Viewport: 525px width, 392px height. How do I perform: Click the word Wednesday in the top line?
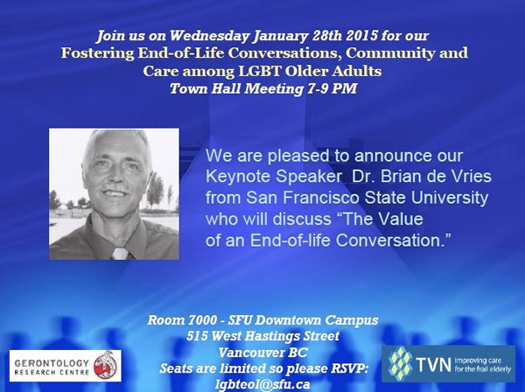pos(208,36)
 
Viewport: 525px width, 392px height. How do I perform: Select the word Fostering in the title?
pos(97,53)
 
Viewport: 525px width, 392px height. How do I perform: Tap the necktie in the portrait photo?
pos(121,254)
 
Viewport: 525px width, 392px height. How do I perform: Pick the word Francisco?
pos(320,198)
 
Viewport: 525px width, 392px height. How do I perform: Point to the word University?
pos(450,198)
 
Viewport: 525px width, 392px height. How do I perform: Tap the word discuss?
pos(302,219)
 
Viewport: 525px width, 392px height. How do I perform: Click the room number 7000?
pos(202,320)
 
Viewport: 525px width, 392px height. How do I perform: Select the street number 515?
pos(196,336)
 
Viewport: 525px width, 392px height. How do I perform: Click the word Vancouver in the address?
pos(249,352)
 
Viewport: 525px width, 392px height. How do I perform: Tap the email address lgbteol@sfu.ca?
pos(262,384)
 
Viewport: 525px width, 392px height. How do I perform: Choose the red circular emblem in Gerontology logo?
pos(106,366)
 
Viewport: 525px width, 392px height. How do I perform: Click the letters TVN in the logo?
pos(434,364)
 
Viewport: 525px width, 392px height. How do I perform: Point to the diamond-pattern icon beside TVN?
pos(401,363)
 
